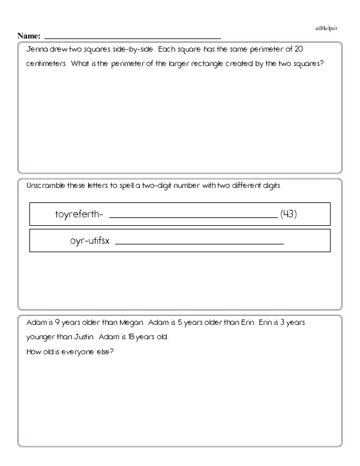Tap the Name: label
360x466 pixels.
pos(29,36)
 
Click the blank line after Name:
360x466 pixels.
pos(132,38)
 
